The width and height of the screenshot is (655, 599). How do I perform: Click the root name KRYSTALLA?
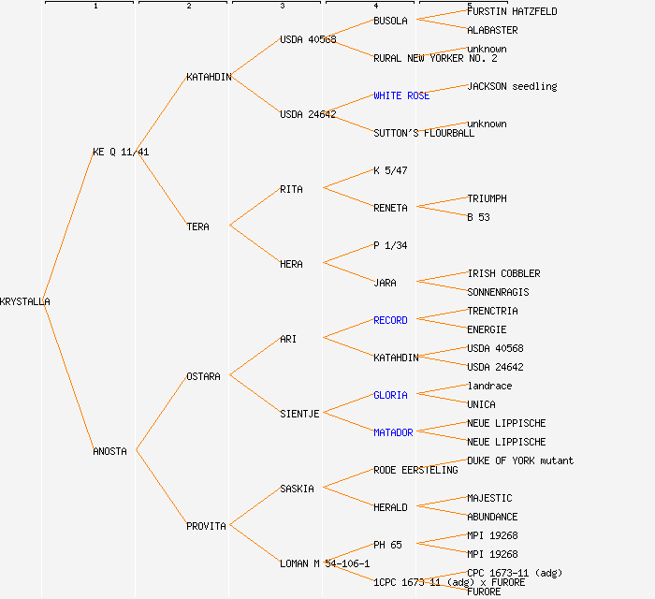point(25,301)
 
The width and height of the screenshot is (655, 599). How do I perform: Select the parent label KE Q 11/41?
point(121,152)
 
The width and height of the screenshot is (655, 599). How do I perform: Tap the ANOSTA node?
point(109,451)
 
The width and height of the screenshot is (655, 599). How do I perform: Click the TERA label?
point(197,226)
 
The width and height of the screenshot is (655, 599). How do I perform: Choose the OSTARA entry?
point(203,376)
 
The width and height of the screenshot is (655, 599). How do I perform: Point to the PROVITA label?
point(206,526)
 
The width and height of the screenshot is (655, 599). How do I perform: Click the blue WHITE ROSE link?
point(401,95)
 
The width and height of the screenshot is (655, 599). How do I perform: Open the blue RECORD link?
point(390,320)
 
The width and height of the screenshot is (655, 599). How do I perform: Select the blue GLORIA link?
point(390,395)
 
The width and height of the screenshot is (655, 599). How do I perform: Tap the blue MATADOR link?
point(393,432)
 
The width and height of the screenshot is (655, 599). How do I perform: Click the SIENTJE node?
point(299,414)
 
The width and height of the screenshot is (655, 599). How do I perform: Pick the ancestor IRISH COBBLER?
point(503,273)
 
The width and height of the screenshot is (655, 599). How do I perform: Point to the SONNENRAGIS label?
point(498,292)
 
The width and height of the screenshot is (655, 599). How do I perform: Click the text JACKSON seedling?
point(512,86)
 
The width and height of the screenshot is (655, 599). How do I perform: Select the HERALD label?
point(390,507)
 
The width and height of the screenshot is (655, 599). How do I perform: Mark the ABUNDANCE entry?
point(492,517)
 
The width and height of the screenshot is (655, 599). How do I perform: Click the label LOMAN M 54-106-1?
point(325,563)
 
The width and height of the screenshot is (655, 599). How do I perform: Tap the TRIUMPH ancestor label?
point(487,198)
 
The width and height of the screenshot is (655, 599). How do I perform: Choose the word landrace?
point(489,386)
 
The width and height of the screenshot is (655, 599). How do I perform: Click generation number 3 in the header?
point(282,7)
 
